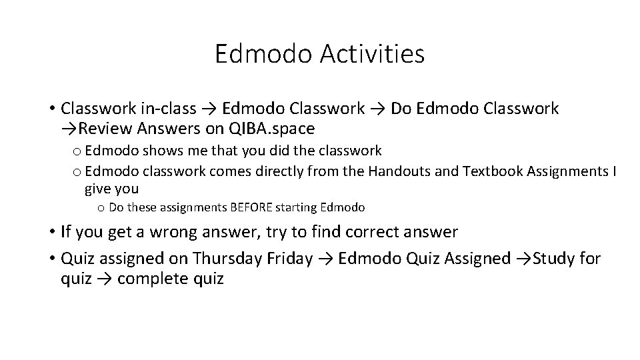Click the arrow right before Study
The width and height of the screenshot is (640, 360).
(523, 258)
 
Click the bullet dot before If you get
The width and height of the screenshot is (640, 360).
(51, 232)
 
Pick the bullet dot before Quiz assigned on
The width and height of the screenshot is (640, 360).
(51, 258)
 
